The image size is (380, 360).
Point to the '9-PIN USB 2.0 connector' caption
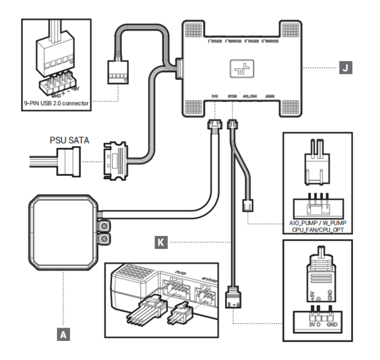pyautogui.click(x=55, y=102)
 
